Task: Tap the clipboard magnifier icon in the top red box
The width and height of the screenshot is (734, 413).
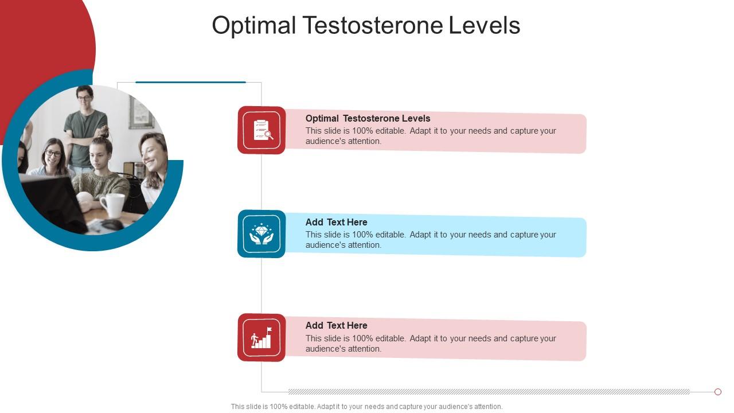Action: coord(261,130)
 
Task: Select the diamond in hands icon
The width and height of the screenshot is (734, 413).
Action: coord(261,234)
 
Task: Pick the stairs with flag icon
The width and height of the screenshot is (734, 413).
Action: coord(261,338)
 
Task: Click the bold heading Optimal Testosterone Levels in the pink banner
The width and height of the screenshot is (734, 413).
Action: coord(368,118)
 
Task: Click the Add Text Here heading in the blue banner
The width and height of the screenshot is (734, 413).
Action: coord(336,222)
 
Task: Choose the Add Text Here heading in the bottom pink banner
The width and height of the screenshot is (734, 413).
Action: coord(336,325)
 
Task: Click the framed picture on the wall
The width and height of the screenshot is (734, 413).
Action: coord(140,112)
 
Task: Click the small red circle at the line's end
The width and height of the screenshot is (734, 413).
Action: coord(717,392)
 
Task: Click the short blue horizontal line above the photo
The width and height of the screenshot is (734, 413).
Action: coord(190,82)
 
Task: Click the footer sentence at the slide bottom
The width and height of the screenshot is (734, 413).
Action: coord(366,407)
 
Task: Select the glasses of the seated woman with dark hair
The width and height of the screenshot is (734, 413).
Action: coord(53,153)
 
